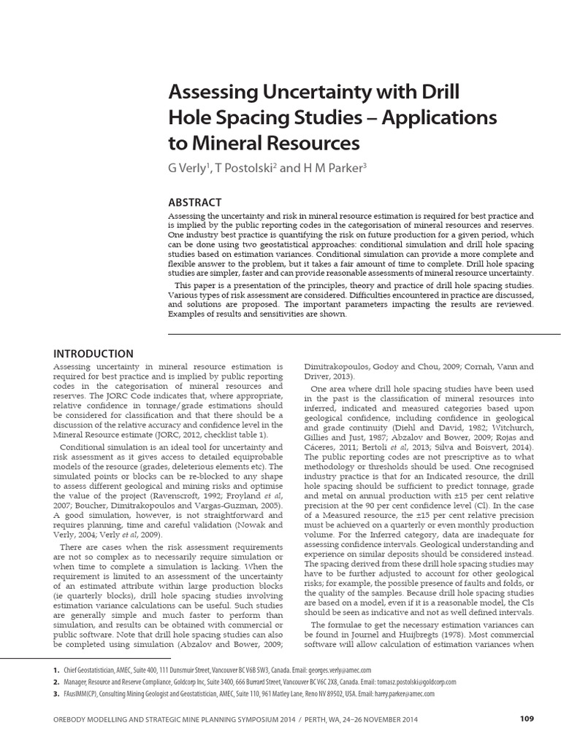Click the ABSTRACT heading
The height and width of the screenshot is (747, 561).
(195, 202)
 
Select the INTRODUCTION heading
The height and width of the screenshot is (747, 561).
(94, 354)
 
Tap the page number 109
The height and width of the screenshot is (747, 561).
(527, 719)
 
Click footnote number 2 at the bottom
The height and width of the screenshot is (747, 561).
(56, 681)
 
